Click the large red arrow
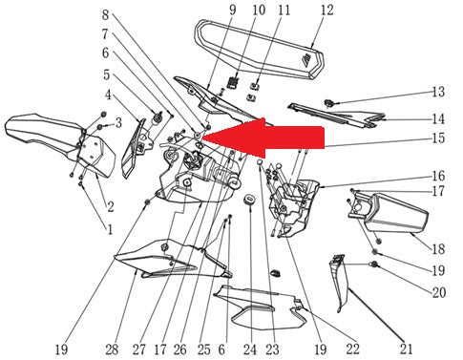(x=263, y=138)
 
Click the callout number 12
(x=326, y=11)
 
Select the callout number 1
(x=110, y=229)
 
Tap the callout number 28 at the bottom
(x=112, y=349)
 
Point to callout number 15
(x=438, y=138)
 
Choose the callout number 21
(x=407, y=349)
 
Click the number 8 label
(x=106, y=14)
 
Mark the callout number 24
(x=250, y=349)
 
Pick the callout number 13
(x=438, y=92)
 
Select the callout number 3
(x=118, y=123)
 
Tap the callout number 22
(x=352, y=349)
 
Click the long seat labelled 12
(x=260, y=50)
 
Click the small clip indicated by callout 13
(x=328, y=103)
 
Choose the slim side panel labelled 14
(x=337, y=115)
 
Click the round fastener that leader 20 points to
(x=374, y=265)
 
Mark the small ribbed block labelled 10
(x=233, y=82)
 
